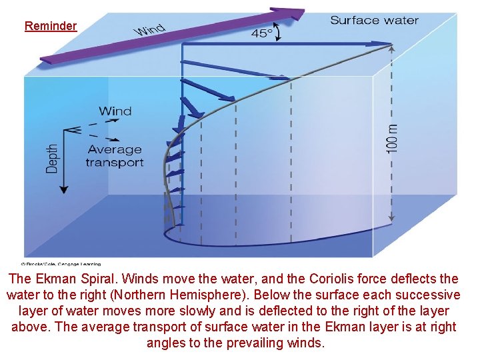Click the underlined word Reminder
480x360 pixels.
pos(51,26)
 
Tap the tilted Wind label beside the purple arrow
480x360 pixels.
pos(150,29)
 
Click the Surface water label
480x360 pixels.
pos(374,20)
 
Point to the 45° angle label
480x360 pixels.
pos(261,32)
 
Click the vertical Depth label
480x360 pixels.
pos(52,160)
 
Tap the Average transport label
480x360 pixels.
pos(114,156)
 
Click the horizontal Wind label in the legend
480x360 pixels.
pos(115,111)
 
